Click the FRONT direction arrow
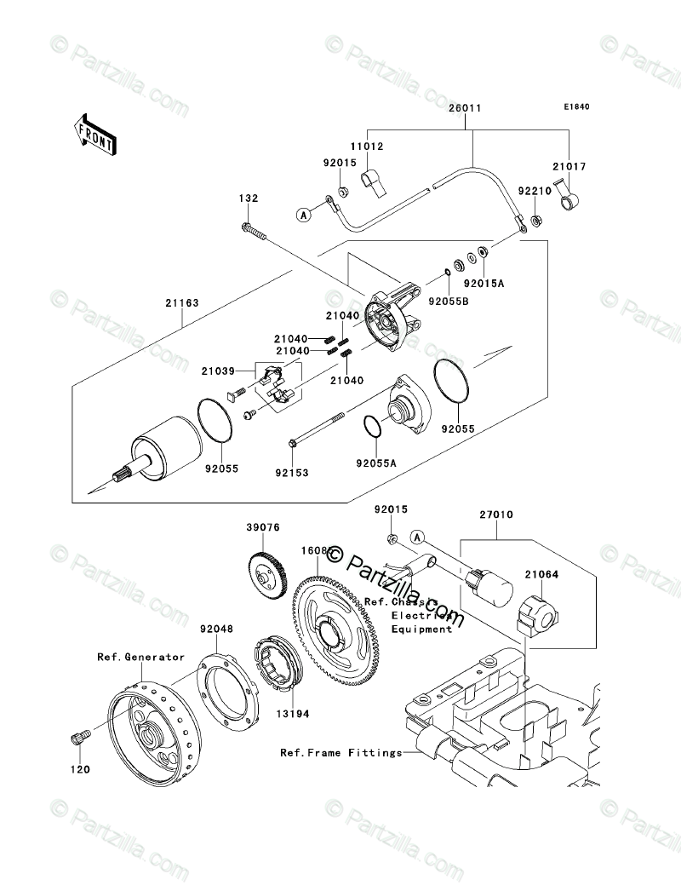click(94, 135)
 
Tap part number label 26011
click(466, 108)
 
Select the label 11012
click(369, 147)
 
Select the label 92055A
click(375, 463)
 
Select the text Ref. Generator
click(140, 657)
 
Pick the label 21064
click(542, 575)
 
